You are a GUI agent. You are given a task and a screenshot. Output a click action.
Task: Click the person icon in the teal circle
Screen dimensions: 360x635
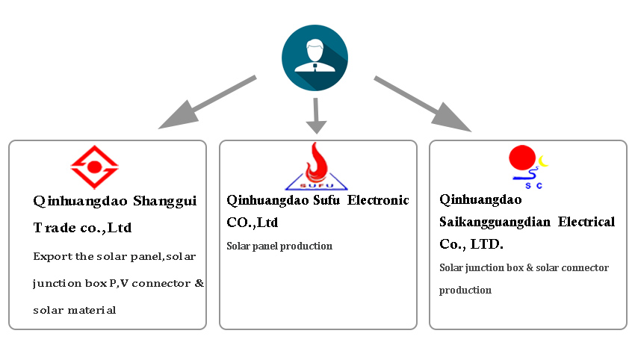click(315, 58)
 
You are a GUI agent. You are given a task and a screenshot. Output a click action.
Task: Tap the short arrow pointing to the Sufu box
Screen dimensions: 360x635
click(317, 116)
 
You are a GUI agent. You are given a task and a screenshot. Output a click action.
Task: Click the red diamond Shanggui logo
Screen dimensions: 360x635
click(94, 167)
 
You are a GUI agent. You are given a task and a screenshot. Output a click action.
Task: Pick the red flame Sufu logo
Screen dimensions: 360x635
click(317, 166)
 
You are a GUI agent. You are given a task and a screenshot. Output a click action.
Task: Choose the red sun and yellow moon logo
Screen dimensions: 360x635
click(527, 164)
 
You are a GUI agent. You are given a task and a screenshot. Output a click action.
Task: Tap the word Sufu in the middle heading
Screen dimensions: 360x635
click(324, 200)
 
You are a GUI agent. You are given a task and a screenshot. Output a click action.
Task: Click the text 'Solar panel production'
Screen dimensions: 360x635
click(279, 246)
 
